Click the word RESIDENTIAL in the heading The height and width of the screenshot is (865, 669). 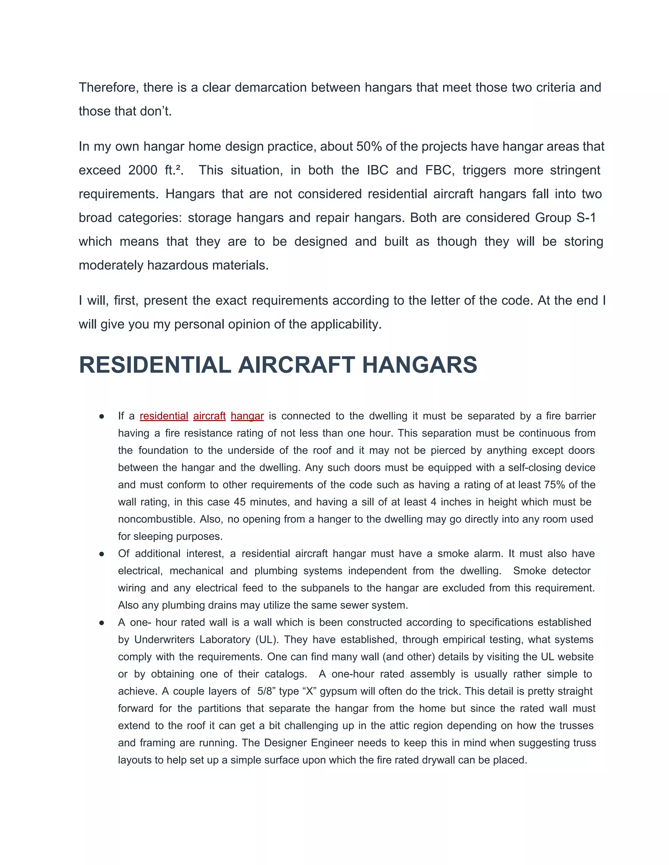(155, 365)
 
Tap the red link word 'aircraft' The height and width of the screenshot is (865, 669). (209, 416)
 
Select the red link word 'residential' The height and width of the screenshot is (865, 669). (164, 416)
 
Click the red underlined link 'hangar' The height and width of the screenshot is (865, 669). (247, 416)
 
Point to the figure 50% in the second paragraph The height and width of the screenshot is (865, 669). (368, 146)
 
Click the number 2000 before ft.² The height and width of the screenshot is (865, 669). (143, 170)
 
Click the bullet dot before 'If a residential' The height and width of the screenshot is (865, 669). (102, 417)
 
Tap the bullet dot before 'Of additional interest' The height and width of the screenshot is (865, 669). (102, 554)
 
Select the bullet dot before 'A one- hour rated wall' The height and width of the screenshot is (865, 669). (102, 623)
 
